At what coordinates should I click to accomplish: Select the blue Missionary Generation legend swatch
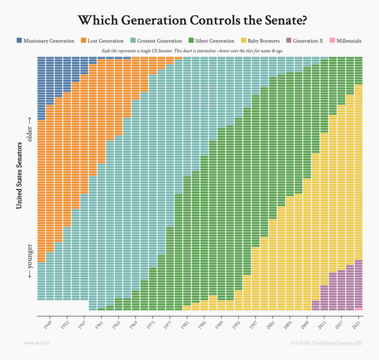pyautogui.click(x=19, y=41)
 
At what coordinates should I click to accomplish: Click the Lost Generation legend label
pyautogui.click(x=105, y=41)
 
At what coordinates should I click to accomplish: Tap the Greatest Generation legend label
pyautogui.click(x=160, y=41)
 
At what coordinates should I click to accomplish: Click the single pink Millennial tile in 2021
pyautogui.click(x=358, y=309)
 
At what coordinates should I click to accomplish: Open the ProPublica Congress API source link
pyautogui.click(x=336, y=343)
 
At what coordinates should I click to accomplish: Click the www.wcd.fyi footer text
pyautogui.click(x=36, y=343)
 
